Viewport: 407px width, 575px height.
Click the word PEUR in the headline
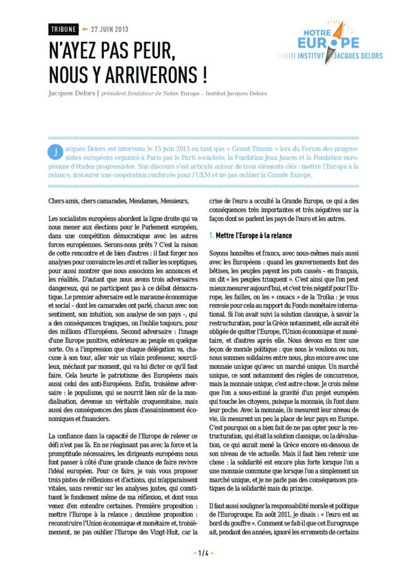coord(148,51)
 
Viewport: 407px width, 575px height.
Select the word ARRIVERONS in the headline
coord(155,74)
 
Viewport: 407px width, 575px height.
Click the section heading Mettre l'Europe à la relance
coord(254,236)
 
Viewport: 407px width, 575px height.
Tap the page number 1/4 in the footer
coord(203,553)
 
